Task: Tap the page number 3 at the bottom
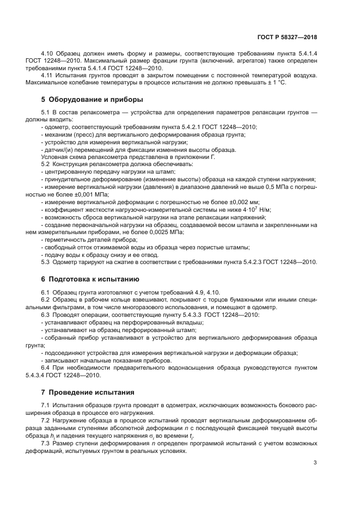click(x=315, y=463)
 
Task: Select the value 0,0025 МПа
click(x=167, y=232)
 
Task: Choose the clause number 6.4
click(x=47, y=369)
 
